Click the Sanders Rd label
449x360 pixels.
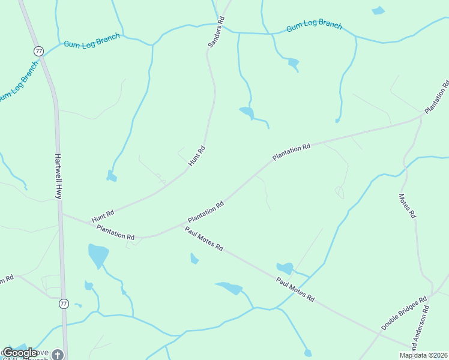tap(216, 32)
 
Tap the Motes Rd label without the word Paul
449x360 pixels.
tap(407, 205)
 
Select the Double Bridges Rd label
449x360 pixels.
tap(403, 313)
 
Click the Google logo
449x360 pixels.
tap(20, 353)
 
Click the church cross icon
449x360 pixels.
tap(57, 354)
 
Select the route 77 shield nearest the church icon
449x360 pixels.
tap(64, 304)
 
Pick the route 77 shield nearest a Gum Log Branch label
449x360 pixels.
tap(39, 51)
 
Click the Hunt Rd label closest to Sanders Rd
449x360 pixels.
tap(197, 156)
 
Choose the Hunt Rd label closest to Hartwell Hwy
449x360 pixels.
tap(103, 217)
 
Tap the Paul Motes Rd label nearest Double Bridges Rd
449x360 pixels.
tap(295, 289)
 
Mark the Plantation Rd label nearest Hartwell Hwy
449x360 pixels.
tap(115, 233)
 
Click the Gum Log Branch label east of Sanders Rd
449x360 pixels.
tap(314, 27)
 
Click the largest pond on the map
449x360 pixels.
tap(98, 254)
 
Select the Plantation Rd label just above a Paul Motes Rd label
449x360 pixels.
tap(205, 212)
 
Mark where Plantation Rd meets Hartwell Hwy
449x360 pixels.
tap(61, 213)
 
